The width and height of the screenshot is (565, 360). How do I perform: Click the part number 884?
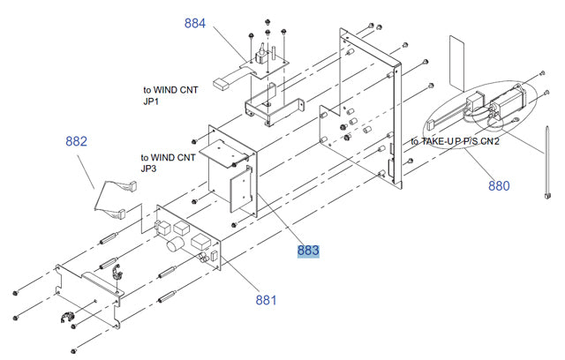[195, 23]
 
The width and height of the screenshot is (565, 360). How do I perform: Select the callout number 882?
[77, 140]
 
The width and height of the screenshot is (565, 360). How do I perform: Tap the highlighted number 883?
[308, 251]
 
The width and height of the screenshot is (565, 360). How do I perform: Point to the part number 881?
[266, 300]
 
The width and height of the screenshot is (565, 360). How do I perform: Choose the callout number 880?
[499, 185]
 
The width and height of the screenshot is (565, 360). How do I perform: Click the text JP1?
[153, 101]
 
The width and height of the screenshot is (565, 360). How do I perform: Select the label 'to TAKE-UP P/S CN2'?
[456, 141]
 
